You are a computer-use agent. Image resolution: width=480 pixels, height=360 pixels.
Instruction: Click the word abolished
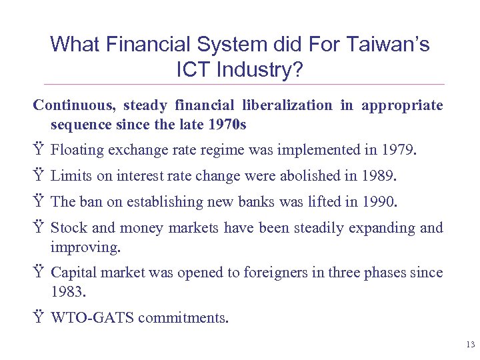pyautogui.click(x=325, y=177)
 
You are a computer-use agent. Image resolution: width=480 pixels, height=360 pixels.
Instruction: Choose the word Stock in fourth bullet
pyautogui.click(x=69, y=228)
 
